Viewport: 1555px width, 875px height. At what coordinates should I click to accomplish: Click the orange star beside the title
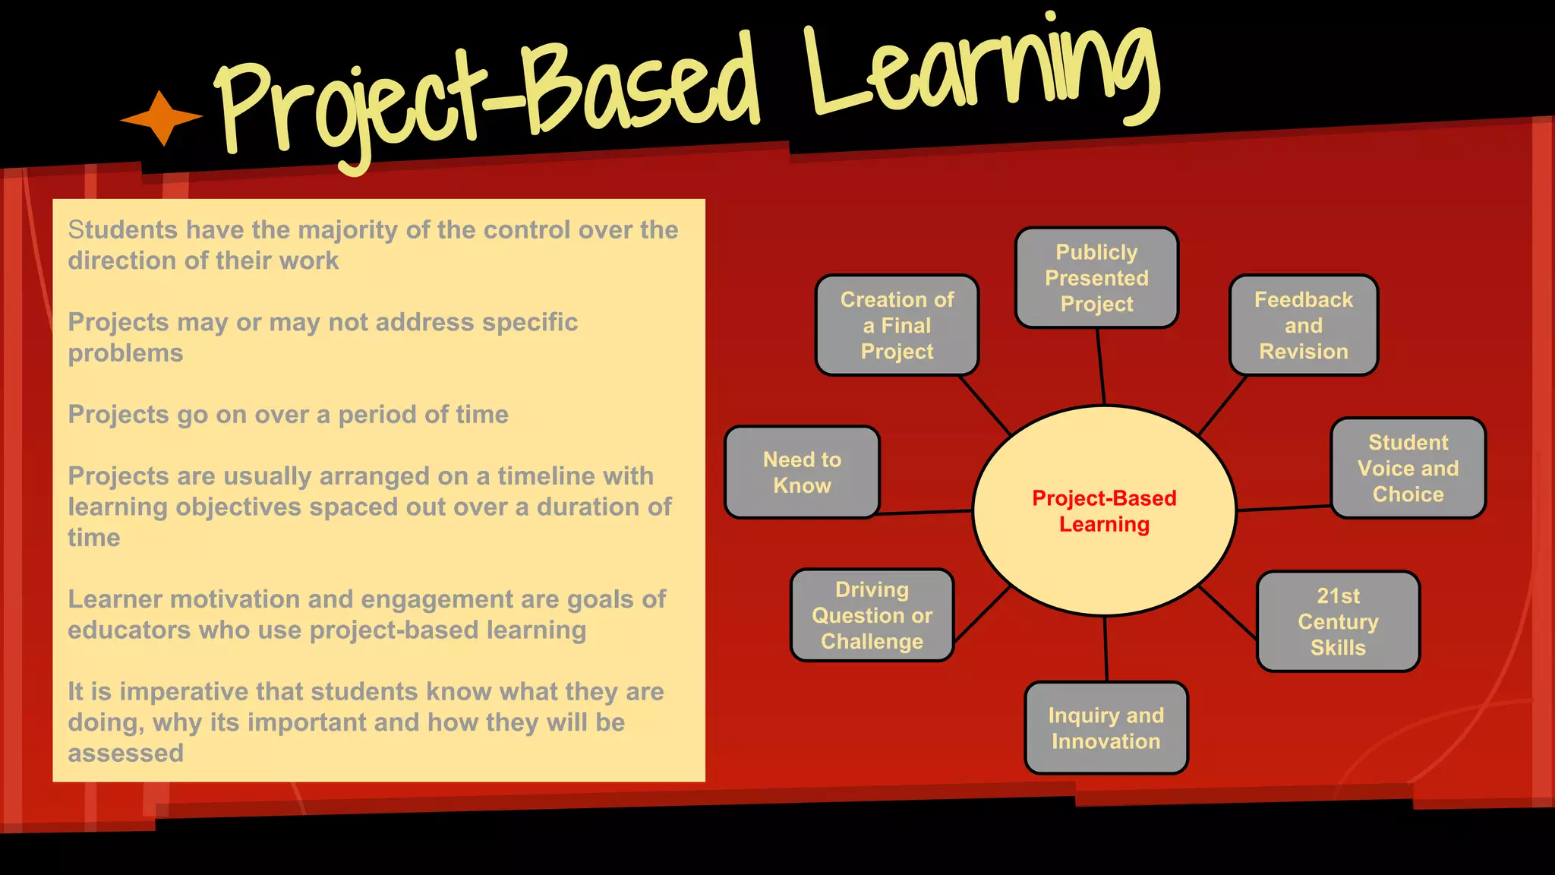(161, 118)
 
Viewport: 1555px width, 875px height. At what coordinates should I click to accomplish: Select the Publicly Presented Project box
(1096, 278)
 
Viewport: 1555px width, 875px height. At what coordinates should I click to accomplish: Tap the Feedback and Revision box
(1303, 325)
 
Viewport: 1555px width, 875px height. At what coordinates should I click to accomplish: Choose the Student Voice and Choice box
(1408, 468)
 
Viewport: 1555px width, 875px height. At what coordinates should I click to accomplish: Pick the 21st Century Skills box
(1338, 621)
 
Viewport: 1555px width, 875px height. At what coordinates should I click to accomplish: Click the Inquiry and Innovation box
(1106, 728)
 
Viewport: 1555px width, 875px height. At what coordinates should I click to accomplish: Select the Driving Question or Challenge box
(872, 615)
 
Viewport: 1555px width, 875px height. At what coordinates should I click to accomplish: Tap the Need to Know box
(802, 472)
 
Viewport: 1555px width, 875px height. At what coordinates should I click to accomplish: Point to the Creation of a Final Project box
(897, 325)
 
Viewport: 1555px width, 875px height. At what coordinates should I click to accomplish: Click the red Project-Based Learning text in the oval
(1104, 510)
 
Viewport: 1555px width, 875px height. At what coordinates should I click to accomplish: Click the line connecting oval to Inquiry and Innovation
(1106, 649)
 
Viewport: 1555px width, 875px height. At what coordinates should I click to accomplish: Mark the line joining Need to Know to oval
(925, 513)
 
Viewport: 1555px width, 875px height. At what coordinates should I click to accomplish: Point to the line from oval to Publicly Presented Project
(1101, 367)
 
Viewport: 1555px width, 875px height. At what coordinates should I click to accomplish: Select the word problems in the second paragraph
(125, 353)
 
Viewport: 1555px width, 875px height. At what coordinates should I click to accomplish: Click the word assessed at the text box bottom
(125, 753)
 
